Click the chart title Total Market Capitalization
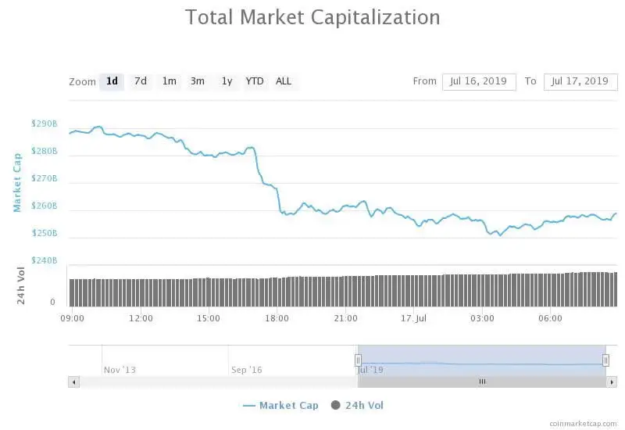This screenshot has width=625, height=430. coord(312,17)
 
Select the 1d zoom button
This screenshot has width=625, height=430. coord(112,81)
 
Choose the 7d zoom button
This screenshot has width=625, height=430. coord(141,81)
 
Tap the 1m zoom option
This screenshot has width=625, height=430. coord(169,81)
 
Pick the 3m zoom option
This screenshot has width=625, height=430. coord(198,81)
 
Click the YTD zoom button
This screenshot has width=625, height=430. coord(255,81)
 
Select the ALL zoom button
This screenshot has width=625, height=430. coord(284,81)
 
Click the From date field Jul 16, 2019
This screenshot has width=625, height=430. coord(479,81)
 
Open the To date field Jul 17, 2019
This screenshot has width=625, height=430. coord(580,81)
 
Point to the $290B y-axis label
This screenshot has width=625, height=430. coord(45,124)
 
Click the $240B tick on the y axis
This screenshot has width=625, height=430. coord(45,260)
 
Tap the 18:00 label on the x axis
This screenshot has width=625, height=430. coord(277,318)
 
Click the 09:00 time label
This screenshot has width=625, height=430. coord(73,318)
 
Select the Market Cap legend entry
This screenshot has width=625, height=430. coord(281,405)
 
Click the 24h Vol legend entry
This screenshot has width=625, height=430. coord(358,405)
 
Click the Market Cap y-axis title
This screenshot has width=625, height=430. coord(17,182)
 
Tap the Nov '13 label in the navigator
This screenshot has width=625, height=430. coord(120,370)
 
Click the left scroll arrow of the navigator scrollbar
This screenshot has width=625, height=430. coord(74,382)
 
